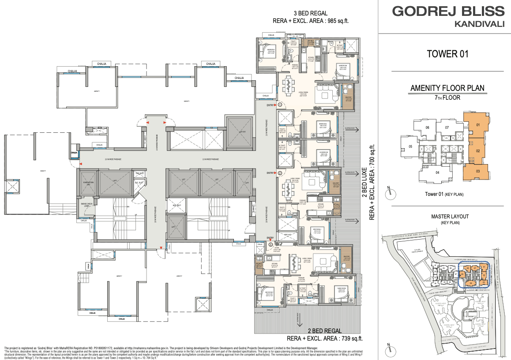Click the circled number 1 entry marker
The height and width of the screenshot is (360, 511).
[279, 105]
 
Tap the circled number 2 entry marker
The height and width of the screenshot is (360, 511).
[279, 173]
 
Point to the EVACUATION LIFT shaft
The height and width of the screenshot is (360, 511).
[86, 182]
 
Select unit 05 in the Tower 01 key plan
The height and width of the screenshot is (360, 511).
[410, 146]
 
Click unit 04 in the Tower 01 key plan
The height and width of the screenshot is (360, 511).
[438, 172]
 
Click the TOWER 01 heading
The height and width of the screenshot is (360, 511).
[447, 54]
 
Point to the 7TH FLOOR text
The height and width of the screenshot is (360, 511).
[447, 97]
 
